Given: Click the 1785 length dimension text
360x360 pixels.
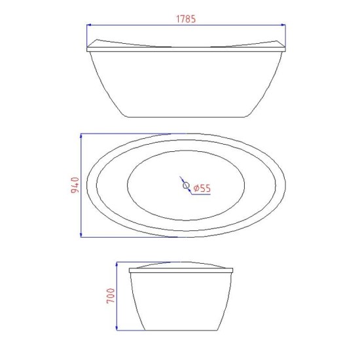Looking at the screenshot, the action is [186, 19].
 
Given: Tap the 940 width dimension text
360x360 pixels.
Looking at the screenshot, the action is [75, 185].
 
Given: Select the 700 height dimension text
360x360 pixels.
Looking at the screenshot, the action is [111, 296].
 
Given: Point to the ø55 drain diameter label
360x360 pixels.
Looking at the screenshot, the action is [202, 189].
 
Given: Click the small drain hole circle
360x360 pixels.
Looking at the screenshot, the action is [186, 185].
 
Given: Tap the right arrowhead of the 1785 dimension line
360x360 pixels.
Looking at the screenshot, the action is [283, 25].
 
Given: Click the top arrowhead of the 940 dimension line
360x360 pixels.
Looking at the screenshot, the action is [81, 136].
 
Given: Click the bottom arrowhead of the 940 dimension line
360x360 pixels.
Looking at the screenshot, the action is [81, 234].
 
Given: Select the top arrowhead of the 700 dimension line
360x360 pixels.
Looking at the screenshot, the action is [117, 264].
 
